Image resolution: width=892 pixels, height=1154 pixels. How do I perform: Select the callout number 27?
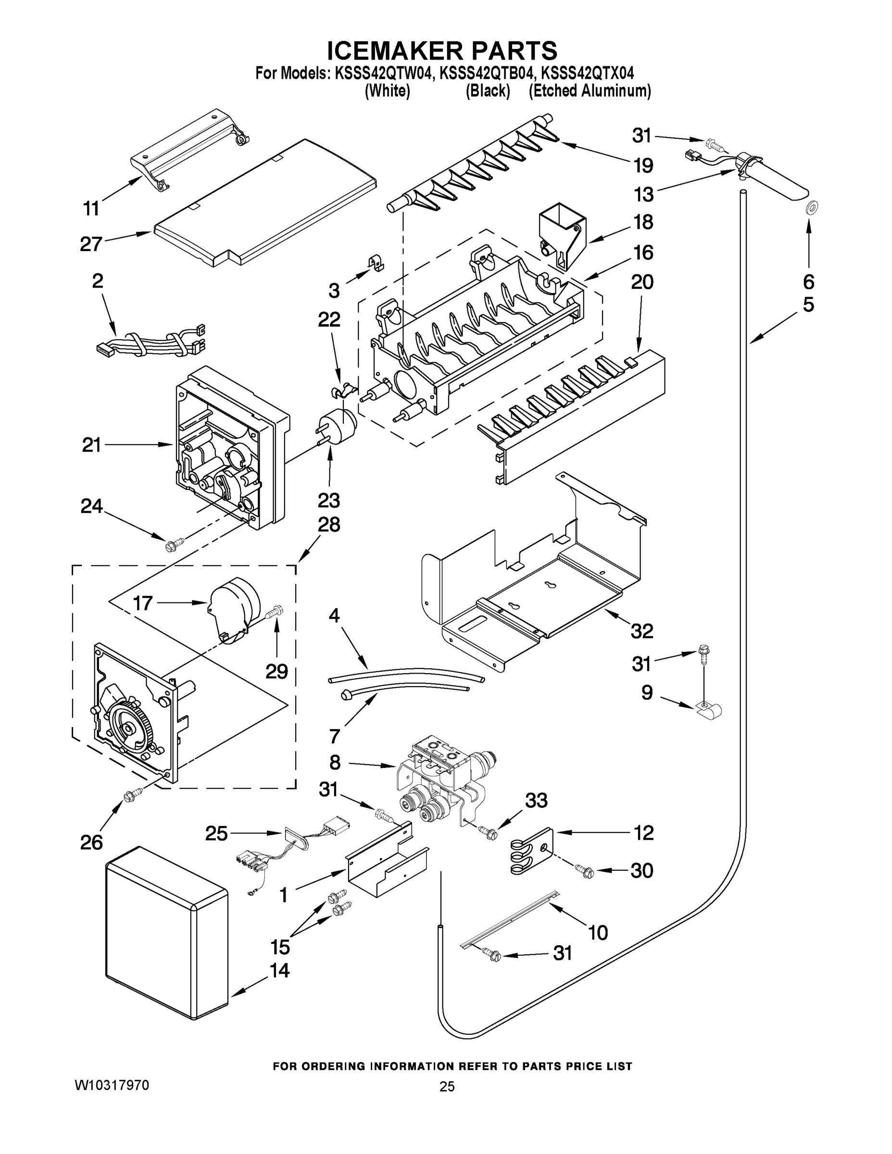91,244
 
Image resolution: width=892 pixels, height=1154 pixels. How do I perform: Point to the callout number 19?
643,165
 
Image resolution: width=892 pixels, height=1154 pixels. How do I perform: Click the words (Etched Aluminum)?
590,91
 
